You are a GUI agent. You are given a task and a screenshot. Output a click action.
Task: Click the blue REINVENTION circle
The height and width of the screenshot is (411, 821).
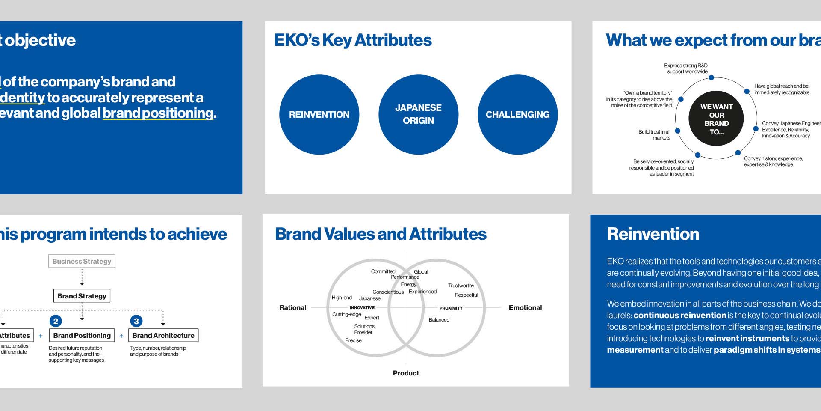coord(319,114)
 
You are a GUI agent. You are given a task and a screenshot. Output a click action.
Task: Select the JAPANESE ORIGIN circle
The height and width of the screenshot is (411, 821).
coord(418,114)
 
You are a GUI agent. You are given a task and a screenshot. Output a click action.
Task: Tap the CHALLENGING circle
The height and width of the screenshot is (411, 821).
coord(517,114)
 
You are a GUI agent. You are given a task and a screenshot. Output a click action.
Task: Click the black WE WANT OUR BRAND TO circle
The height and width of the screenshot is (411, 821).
coord(716,119)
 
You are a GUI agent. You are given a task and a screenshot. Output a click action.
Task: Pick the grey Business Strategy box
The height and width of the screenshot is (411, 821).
coord(82,261)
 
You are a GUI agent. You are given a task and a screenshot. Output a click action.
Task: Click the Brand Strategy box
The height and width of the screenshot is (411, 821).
coord(82,296)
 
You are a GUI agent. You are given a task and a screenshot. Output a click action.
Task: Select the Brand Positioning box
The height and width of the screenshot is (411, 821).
coord(82,335)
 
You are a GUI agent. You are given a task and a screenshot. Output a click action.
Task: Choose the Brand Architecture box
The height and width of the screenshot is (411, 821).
coord(163,335)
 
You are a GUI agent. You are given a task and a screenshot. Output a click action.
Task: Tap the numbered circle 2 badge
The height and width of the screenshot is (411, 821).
coord(56,321)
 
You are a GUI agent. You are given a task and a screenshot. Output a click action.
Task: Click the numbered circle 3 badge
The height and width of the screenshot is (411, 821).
coord(136,321)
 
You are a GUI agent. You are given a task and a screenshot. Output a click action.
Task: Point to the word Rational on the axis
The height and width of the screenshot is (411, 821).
coord(292,307)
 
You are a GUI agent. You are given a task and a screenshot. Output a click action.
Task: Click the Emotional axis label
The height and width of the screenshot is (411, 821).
coord(525,307)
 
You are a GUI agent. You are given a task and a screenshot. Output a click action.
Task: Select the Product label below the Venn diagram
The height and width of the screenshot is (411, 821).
coord(406,373)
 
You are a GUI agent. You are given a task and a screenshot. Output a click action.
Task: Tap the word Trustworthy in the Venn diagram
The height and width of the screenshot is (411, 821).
coord(461,286)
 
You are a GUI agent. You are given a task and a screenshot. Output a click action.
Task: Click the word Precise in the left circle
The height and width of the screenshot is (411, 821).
coord(353,340)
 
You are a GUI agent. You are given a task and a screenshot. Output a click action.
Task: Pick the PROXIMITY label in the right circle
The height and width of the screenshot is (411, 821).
coord(451,308)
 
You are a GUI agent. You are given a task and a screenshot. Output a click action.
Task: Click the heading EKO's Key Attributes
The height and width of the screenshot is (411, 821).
coord(353,40)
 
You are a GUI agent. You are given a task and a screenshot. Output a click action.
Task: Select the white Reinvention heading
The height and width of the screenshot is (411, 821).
coord(653,234)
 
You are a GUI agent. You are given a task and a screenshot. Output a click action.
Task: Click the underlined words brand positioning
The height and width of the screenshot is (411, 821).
coord(158,113)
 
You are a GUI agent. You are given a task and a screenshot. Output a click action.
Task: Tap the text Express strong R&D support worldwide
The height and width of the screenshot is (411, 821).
coord(686,68)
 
